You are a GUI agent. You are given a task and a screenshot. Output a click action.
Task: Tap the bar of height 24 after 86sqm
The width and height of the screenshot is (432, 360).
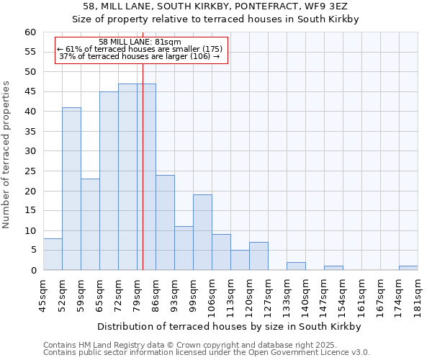click(165, 222)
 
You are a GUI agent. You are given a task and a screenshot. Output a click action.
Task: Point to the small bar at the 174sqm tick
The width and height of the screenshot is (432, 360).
click(408, 268)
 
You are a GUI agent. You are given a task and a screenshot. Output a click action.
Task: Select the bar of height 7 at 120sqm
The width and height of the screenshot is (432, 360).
click(258, 256)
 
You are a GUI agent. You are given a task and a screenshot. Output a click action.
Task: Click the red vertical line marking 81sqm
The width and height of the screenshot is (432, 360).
click(143, 180)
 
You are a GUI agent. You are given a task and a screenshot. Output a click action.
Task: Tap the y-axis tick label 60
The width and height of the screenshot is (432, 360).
click(30, 32)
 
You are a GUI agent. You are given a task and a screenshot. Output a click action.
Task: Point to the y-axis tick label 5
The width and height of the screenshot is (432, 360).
click(32, 251)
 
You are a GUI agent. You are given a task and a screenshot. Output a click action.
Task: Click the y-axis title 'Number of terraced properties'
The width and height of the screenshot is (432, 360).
click(7, 155)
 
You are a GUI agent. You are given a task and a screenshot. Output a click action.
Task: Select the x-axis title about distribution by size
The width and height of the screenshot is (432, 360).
click(230, 326)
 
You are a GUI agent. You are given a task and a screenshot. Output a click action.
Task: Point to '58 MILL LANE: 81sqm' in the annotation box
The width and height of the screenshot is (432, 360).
click(140, 42)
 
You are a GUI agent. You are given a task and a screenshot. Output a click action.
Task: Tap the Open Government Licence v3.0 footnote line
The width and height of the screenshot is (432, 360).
click(206, 353)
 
